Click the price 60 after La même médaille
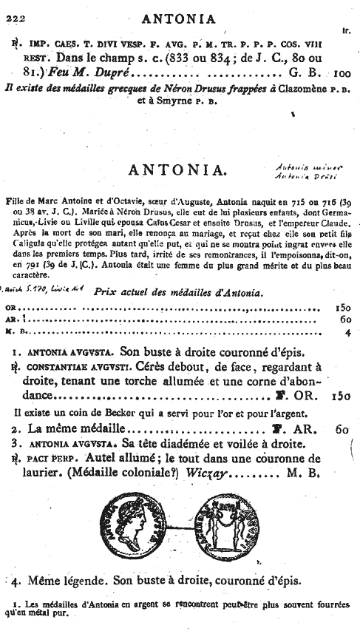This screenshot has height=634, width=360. click(x=341, y=428)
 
